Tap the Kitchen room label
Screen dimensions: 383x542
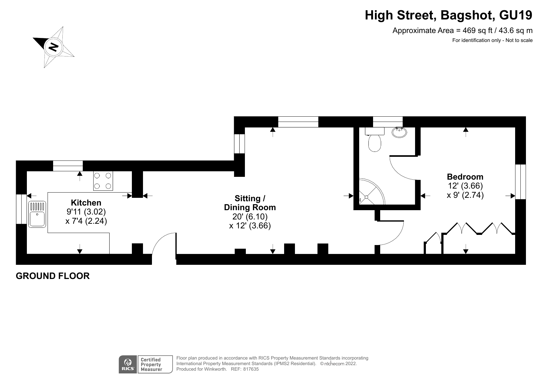coord(86,203)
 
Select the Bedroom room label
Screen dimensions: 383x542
coord(465,177)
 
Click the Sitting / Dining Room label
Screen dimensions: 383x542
coord(250,203)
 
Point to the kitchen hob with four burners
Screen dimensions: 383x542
coord(103,181)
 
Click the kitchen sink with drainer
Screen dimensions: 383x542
coord(37,214)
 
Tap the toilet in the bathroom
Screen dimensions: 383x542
coord(375,142)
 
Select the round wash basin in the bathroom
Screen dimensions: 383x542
coord(399,132)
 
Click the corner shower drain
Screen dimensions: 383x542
coord(366,197)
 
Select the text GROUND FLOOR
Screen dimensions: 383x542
coord(53,276)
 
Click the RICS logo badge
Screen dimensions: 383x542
coord(128,364)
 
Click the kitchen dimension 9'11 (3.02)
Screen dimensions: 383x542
coord(86,212)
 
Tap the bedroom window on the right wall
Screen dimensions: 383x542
coord(520,182)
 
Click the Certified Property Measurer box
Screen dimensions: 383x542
coord(154,364)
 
